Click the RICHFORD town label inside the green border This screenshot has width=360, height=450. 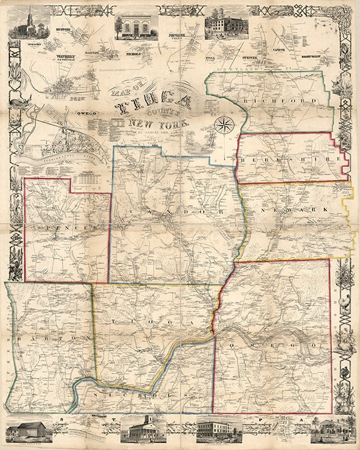tap(268, 101)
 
